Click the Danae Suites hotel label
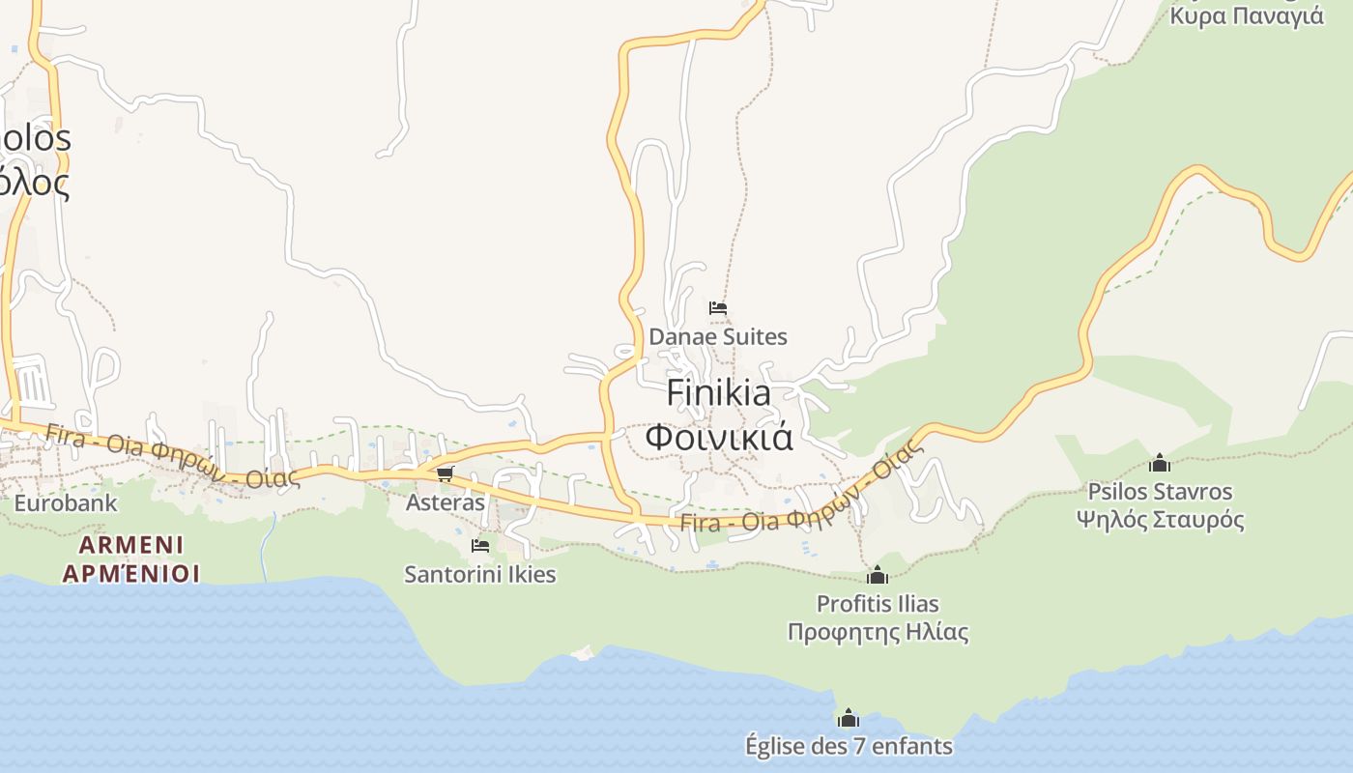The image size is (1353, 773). (x=718, y=337)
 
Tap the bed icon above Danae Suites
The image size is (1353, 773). (x=717, y=308)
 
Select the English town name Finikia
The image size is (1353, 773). (x=719, y=393)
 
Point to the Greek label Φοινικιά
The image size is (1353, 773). (x=719, y=437)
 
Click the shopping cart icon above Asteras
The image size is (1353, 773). (x=445, y=473)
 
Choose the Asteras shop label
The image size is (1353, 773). (x=445, y=502)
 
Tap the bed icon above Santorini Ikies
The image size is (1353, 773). (x=479, y=546)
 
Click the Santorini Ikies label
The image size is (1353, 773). (x=480, y=574)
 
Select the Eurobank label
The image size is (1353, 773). (x=66, y=502)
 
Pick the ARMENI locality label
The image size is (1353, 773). (x=130, y=544)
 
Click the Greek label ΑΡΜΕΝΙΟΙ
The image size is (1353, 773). (x=130, y=573)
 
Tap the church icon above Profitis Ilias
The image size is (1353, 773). (x=878, y=576)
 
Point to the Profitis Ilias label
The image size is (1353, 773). (x=878, y=604)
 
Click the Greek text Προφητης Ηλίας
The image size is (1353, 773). (x=878, y=633)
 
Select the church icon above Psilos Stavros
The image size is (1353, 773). (x=1160, y=463)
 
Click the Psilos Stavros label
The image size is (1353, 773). (x=1160, y=492)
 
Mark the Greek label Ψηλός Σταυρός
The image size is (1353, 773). (x=1160, y=520)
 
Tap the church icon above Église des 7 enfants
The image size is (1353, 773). (x=849, y=718)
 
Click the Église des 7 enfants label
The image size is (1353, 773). (x=849, y=746)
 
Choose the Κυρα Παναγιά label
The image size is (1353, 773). (x=1246, y=15)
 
